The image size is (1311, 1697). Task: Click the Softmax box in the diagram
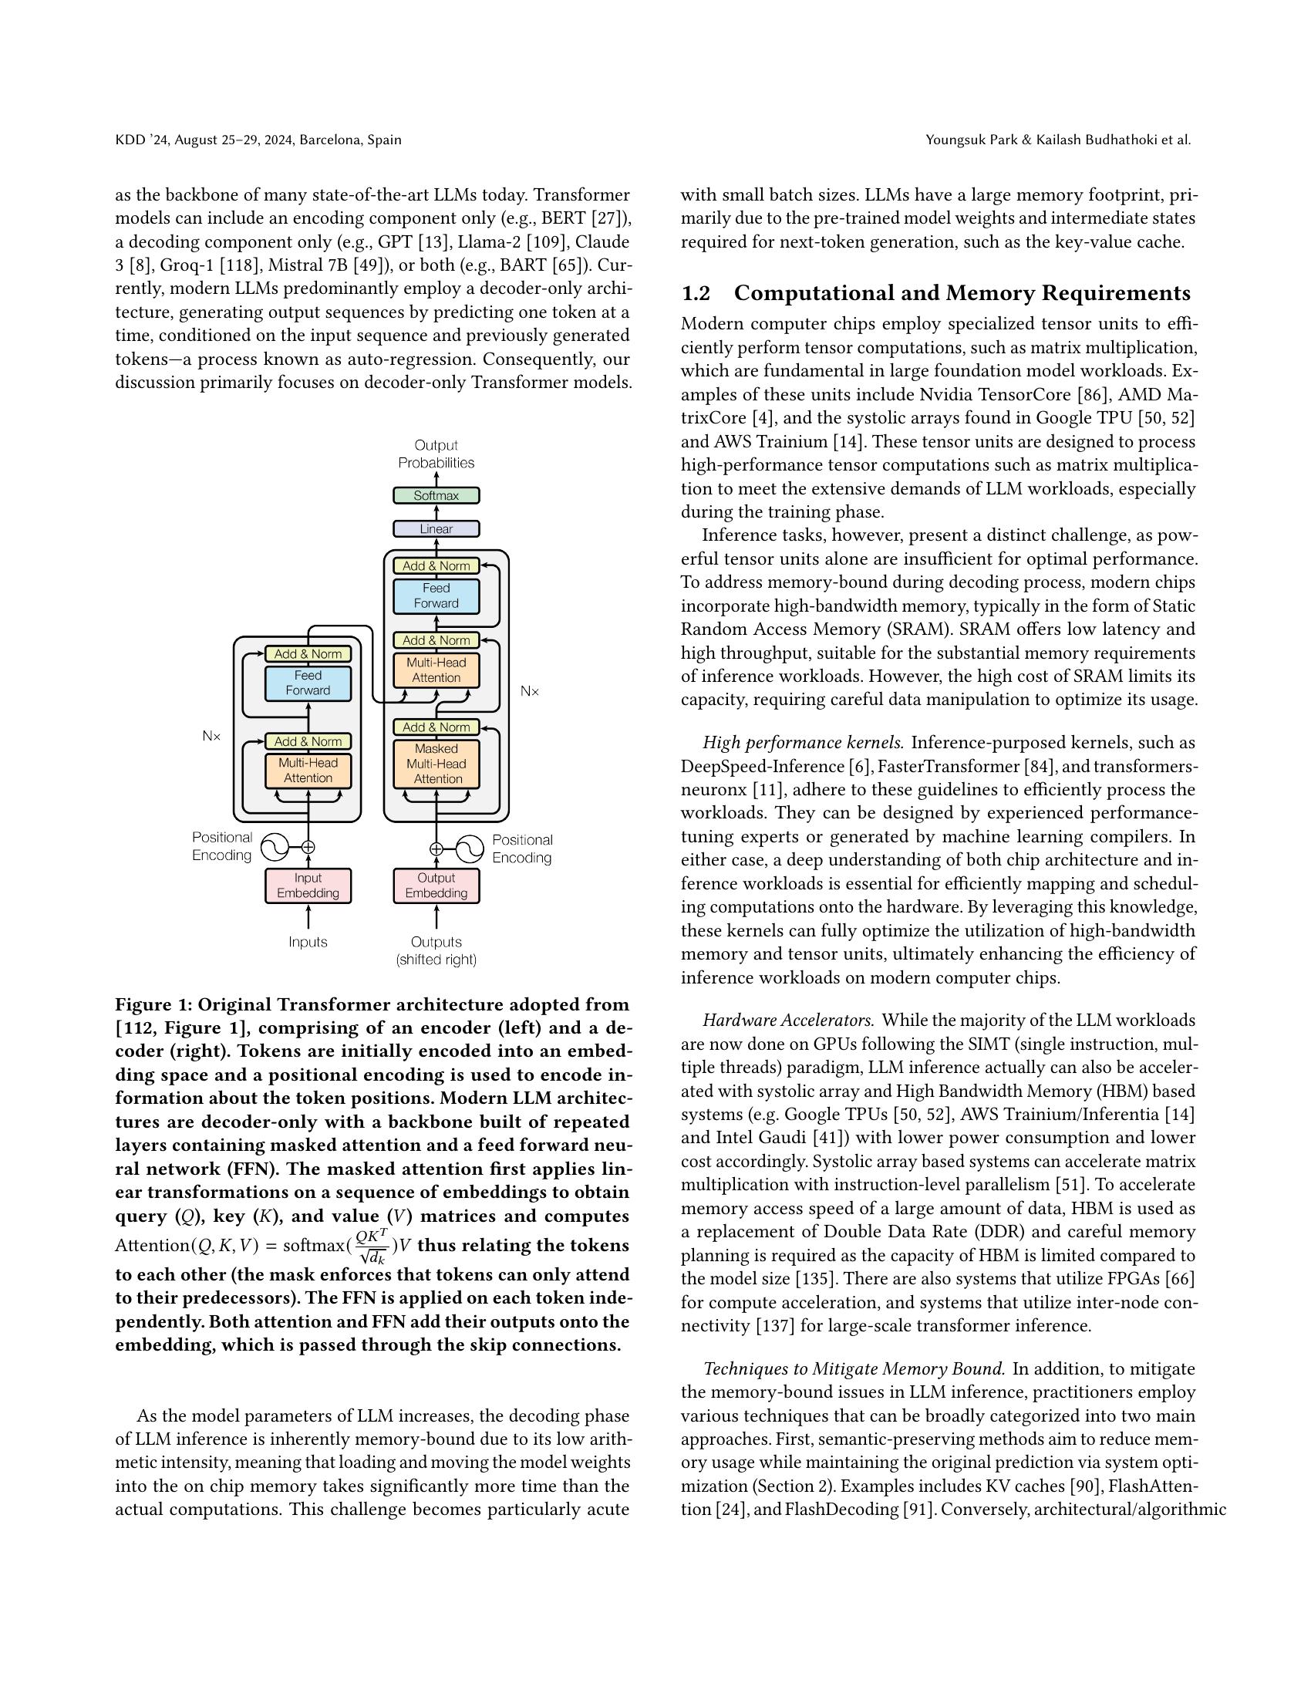pos(436,495)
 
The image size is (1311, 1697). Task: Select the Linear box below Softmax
pos(436,528)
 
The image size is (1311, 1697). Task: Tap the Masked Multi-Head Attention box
pos(436,764)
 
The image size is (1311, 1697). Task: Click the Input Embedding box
pos(308,885)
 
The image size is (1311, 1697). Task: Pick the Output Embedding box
pos(436,885)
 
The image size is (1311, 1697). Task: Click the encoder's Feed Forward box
pos(308,683)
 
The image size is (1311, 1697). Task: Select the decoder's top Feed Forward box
pos(436,596)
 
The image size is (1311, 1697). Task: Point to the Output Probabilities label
pos(436,454)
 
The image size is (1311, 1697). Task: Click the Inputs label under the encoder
pos(308,942)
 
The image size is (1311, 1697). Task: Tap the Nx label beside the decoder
pos(529,691)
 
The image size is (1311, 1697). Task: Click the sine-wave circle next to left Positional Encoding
pos(275,847)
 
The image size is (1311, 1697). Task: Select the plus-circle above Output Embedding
pos(436,849)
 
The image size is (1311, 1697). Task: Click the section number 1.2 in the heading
pos(695,293)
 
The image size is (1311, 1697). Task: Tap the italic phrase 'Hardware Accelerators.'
pos(787,1021)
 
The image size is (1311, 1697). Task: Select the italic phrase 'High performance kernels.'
pos(802,743)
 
